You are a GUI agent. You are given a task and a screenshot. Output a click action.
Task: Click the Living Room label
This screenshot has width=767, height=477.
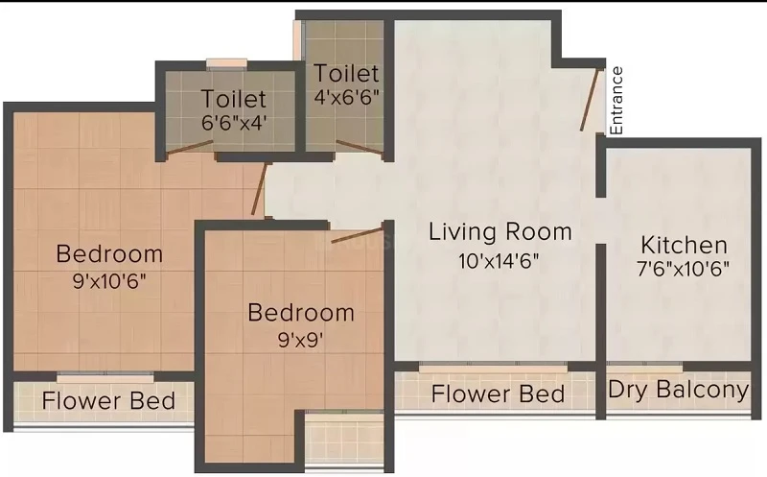[500, 231]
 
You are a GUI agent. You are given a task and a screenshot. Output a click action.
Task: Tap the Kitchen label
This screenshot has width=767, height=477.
[684, 245]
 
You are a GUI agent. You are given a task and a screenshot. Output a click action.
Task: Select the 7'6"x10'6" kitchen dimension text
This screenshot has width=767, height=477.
[684, 269]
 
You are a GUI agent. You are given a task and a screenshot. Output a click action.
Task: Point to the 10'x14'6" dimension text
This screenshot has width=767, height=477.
[499, 261]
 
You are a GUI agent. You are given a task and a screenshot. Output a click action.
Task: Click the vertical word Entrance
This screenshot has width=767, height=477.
[616, 101]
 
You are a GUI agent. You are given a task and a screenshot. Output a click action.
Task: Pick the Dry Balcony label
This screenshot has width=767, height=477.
[679, 391]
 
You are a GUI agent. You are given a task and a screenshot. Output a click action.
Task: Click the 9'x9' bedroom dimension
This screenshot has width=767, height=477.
[300, 340]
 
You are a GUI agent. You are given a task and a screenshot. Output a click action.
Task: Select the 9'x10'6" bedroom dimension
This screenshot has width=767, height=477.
[109, 281]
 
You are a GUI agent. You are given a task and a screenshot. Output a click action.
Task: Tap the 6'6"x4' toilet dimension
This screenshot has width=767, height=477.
[234, 123]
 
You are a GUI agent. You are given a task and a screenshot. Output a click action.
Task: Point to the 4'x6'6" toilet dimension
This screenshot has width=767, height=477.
[346, 97]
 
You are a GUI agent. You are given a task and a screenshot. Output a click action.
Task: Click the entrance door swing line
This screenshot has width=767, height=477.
[590, 100]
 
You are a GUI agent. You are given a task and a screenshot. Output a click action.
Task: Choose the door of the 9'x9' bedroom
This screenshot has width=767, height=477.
[357, 235]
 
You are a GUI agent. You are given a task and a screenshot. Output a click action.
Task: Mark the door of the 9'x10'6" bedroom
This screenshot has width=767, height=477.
[259, 189]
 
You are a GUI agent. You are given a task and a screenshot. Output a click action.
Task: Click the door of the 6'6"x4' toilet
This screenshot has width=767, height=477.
[189, 149]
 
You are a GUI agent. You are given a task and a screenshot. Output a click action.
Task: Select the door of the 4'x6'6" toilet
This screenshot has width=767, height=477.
[360, 148]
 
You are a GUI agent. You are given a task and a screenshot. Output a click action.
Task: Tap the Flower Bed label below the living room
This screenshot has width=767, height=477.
[498, 394]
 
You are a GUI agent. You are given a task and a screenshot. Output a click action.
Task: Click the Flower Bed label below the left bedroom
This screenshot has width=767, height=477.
[108, 400]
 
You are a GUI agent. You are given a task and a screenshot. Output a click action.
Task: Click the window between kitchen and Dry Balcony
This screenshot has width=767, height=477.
[645, 367]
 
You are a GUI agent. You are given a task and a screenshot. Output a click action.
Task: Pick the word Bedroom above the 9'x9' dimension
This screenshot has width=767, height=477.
[301, 313]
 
